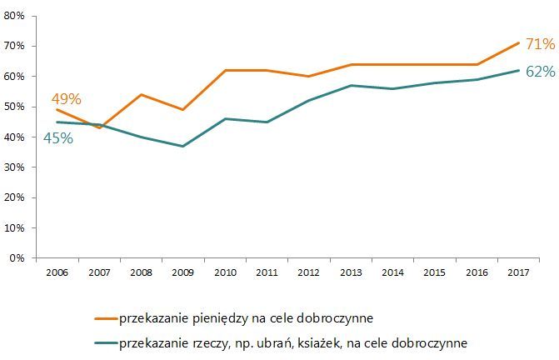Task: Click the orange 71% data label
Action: tap(540, 44)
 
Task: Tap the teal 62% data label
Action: tap(540, 72)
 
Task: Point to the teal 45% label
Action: tap(58, 138)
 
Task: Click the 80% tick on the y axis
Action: tap(17, 15)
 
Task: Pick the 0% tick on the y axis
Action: tap(20, 257)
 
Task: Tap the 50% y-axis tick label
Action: tap(17, 106)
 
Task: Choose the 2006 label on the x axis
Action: tap(57, 272)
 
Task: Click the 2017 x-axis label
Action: tap(518, 272)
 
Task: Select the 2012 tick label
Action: tap(308, 272)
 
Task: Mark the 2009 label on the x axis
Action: tap(182, 272)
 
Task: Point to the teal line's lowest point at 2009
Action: tap(182, 146)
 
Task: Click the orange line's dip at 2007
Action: tap(98, 127)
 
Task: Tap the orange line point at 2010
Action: tap(224, 70)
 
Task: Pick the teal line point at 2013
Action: tap(350, 85)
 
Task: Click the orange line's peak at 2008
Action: tap(140, 94)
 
